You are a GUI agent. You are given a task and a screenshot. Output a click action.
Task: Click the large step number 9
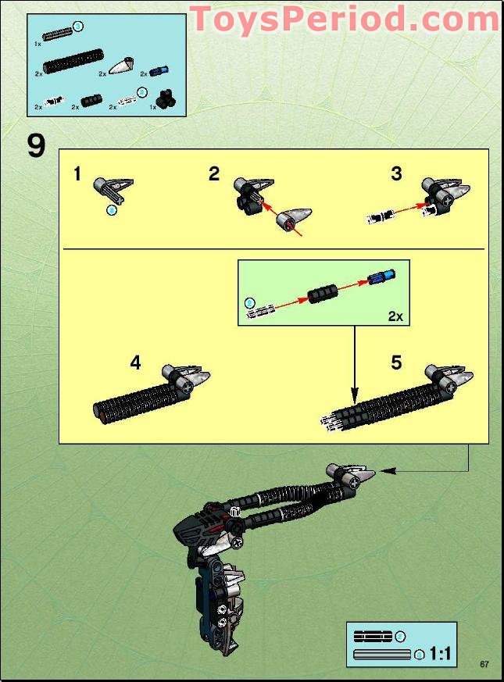tap(36, 145)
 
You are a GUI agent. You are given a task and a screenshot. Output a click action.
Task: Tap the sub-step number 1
tap(77, 173)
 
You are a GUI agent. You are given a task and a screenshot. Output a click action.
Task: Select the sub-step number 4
tap(135, 363)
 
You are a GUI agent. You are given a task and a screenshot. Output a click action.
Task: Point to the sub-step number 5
tap(396, 363)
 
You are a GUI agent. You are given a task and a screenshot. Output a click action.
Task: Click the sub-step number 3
tap(396, 173)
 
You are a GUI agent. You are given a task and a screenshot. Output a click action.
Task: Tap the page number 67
tap(484, 664)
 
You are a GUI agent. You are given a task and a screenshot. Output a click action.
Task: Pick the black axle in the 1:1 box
tap(374, 637)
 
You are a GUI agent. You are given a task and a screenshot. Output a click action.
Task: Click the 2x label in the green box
tap(395, 316)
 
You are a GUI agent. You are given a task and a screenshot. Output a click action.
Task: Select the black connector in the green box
tap(322, 294)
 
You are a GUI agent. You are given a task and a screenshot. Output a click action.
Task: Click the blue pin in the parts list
tap(159, 72)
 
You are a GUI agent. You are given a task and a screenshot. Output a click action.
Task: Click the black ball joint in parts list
tap(166, 98)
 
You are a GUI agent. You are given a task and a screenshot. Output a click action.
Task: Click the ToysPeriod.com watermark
tap(344, 20)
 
